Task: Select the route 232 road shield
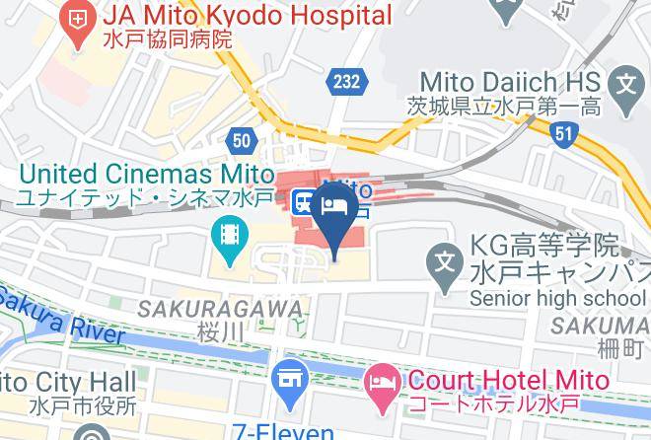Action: [x=346, y=83]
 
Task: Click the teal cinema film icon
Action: [x=228, y=238]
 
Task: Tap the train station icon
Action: [x=304, y=200]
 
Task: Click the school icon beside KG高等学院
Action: [x=447, y=261]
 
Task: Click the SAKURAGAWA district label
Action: [x=219, y=309]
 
